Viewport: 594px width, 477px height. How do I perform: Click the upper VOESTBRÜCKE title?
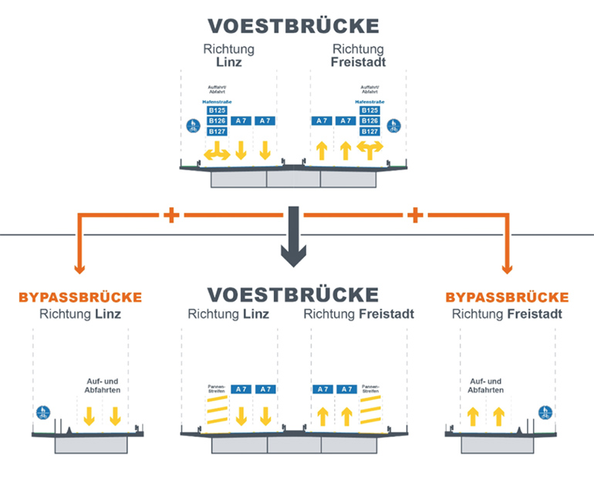pos(293,25)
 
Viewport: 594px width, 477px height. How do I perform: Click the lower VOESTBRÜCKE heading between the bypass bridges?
pos(293,294)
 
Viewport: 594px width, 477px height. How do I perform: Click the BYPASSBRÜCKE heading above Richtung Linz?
pos(79,297)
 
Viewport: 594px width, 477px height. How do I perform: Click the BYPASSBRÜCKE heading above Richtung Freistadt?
pos(507,297)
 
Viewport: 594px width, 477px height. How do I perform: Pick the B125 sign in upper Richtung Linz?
pos(217,110)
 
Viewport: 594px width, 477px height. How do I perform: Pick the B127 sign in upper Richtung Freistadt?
pos(370,132)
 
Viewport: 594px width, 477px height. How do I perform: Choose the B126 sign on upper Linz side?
pos(217,121)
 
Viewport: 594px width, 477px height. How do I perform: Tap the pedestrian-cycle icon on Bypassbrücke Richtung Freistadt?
pos(545,413)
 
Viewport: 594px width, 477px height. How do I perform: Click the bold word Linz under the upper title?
pos(228,62)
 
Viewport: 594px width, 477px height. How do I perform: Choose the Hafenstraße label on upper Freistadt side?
pos(370,101)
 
